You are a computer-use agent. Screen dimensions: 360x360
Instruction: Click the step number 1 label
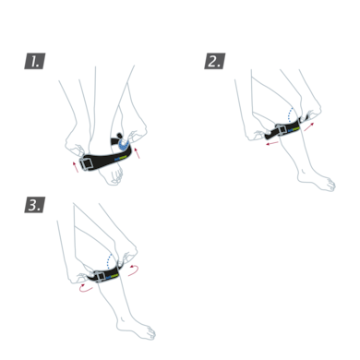34,62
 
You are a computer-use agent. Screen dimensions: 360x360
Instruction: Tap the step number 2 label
214,62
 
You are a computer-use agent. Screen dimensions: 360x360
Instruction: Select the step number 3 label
34,205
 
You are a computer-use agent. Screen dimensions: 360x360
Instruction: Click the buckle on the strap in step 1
89,163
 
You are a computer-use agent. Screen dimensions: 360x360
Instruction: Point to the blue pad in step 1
121,144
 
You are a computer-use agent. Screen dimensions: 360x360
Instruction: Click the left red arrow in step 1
76,166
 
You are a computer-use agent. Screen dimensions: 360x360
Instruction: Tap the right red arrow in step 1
138,152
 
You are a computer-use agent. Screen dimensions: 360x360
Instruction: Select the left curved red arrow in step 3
85,288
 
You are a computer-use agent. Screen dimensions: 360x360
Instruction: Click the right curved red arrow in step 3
135,270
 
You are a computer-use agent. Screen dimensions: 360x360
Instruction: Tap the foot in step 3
139,330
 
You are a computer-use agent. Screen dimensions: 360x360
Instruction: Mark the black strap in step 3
114,273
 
